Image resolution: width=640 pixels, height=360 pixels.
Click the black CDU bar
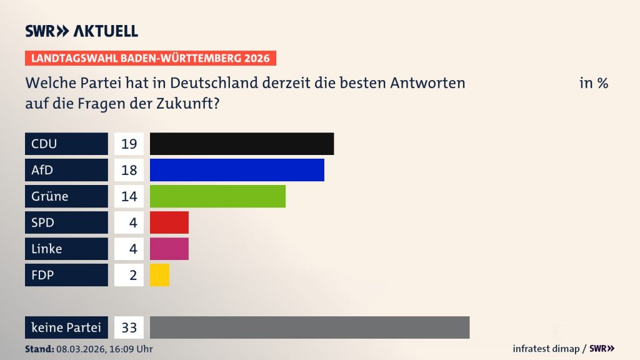pos(242,144)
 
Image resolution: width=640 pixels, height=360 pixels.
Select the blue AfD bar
pos(237,170)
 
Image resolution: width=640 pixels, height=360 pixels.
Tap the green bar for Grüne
pos(217,196)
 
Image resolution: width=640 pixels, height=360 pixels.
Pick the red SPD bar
pos(169,222)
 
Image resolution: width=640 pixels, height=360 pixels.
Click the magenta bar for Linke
pos(169,249)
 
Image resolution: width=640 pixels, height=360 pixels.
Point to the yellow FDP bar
pos(160,275)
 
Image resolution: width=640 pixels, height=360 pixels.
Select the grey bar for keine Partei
pos(309,327)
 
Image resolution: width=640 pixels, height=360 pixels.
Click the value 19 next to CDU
pos(129,144)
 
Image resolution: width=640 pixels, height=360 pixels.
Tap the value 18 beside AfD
pos(129,170)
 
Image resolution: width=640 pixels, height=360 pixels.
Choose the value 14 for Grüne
pos(129,196)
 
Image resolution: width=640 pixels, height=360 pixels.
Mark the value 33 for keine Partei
pos(129,327)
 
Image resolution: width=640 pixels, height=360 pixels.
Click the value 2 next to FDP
pos(132,275)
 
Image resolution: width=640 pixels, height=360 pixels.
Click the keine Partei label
pos(66,327)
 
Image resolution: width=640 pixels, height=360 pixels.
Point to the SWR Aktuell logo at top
pos(81,31)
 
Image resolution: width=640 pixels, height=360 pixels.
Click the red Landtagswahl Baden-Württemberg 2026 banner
pos(151,59)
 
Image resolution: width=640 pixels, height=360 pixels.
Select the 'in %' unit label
pos(593,83)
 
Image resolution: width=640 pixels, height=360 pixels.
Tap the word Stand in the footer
pos(39,349)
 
